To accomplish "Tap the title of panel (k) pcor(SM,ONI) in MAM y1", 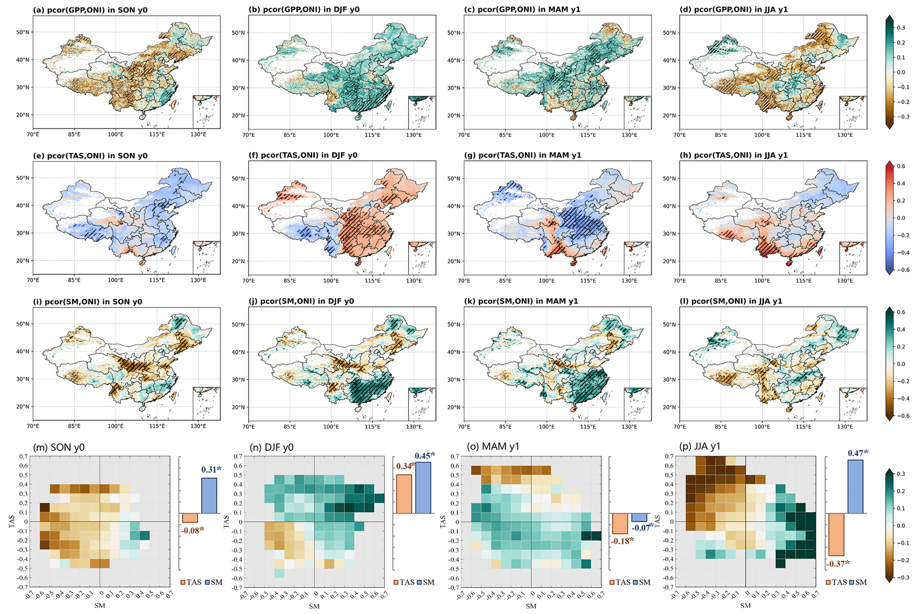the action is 521,301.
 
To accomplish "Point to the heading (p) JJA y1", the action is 700,446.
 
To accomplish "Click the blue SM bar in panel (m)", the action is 209,496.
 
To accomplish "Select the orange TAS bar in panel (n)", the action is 404,494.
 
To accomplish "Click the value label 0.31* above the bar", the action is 211,470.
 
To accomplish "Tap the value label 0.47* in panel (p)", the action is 858,453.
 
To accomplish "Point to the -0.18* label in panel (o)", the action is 622,541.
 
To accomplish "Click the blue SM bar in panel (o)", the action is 639,518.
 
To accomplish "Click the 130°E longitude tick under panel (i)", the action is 198,426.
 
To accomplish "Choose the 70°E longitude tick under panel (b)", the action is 249,135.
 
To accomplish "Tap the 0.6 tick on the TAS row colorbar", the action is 901,166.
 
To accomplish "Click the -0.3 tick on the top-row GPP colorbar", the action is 899,117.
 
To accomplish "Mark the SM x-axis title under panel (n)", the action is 314,606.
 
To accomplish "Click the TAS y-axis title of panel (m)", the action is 12,522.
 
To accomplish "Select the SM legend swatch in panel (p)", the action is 852,582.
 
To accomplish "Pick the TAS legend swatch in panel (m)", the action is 183,582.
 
